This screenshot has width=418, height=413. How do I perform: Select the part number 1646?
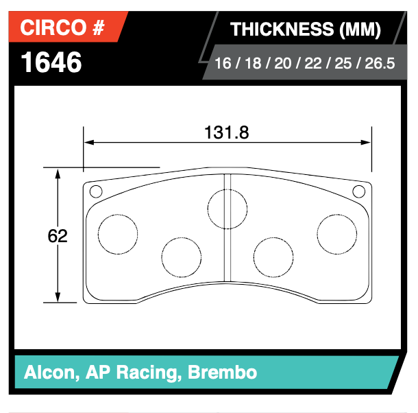(x=51, y=62)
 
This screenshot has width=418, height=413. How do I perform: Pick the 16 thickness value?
(x=223, y=64)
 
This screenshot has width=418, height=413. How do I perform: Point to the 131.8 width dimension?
(x=226, y=132)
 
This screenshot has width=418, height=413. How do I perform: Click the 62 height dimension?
(x=58, y=236)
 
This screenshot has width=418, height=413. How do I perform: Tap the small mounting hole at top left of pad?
(x=96, y=191)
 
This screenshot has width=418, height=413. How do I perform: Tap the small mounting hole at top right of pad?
(x=358, y=191)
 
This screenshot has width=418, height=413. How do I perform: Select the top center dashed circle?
(x=227, y=208)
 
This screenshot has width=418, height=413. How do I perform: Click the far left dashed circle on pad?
(x=118, y=234)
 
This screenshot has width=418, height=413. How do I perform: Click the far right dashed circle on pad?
(x=336, y=234)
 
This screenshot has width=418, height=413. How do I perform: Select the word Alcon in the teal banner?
(x=49, y=373)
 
